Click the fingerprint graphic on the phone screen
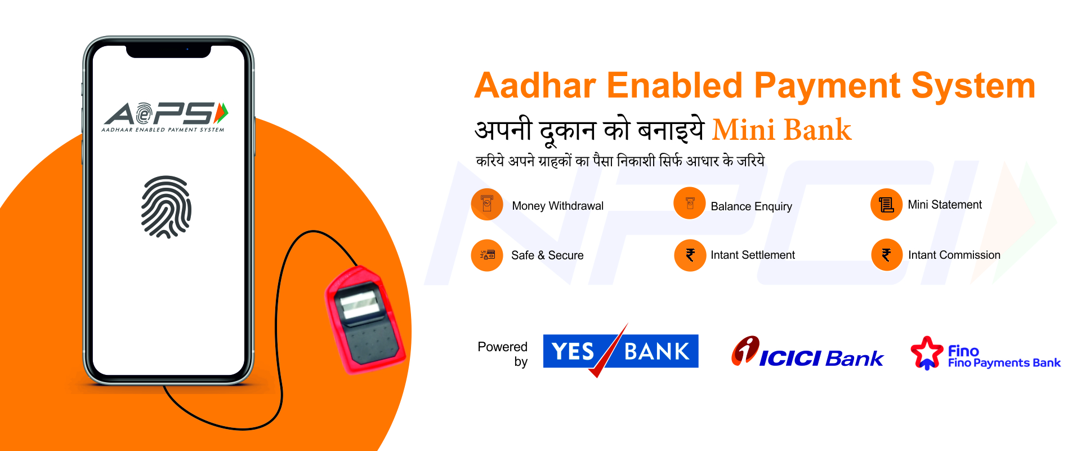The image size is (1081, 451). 166,207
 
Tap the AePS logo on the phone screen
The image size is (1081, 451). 165,117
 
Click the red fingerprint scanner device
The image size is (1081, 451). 365,320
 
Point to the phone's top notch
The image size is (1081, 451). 168,51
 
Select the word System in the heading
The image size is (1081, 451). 973,86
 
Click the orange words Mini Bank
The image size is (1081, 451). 781,130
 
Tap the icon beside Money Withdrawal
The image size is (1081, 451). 487,204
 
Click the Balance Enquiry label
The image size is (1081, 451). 751,206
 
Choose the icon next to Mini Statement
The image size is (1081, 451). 887,205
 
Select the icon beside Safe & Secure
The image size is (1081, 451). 487,255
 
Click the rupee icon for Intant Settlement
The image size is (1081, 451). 690,255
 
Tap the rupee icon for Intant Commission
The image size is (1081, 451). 887,255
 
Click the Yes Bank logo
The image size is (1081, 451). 620,351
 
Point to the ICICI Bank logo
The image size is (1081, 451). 807,352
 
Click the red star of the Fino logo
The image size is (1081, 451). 927,352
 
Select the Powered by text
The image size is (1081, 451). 503,354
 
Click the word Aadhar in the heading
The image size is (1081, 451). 535,86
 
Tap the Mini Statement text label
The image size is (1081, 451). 945,205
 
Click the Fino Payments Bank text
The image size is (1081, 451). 1004,363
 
